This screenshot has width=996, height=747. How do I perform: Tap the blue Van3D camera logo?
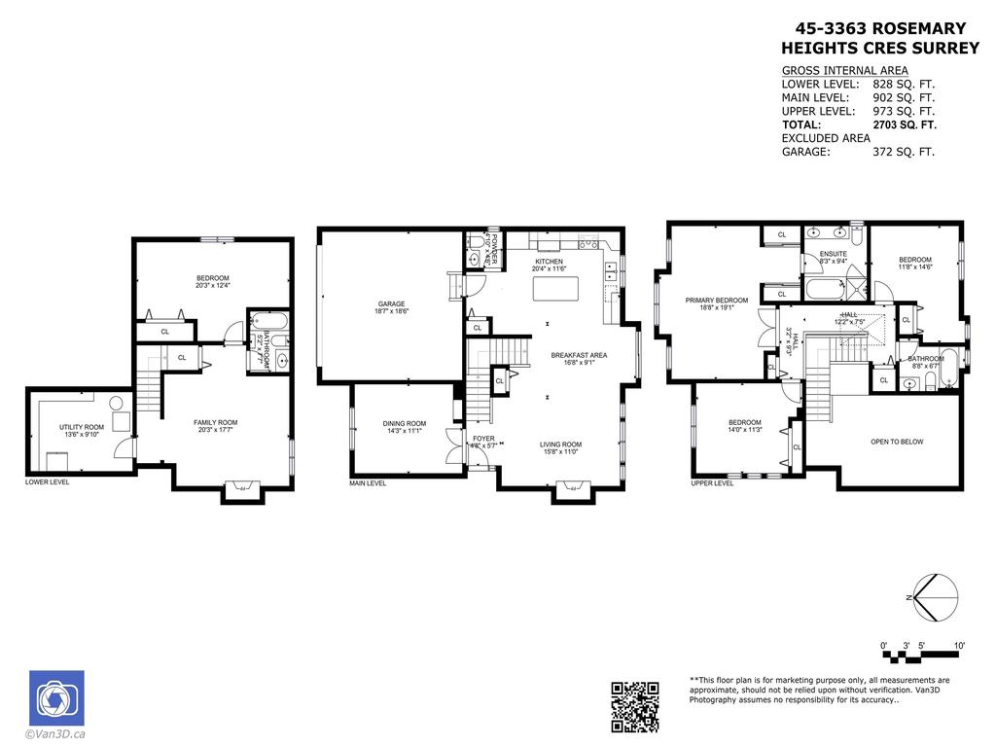[x=56, y=697]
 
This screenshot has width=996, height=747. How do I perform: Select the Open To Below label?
[x=896, y=442]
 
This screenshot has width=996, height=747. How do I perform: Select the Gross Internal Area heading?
[x=844, y=70]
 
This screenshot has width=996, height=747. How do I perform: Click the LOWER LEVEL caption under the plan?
[x=47, y=481]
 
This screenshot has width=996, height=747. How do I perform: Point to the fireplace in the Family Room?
[x=241, y=489]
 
